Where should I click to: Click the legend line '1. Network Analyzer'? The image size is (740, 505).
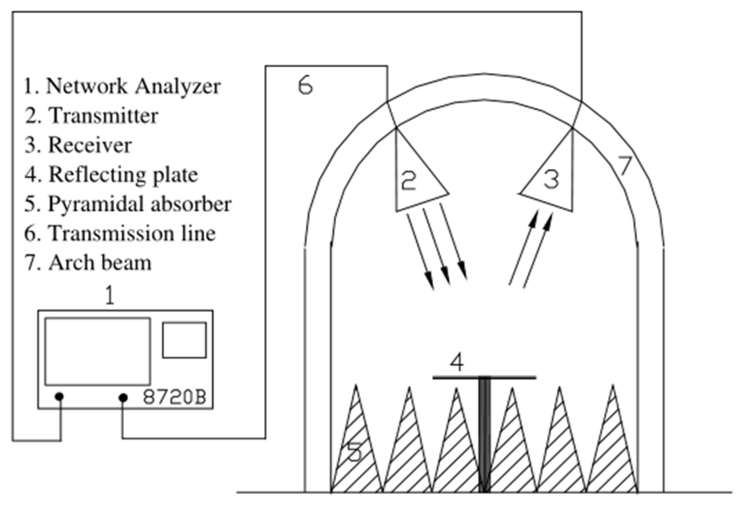tap(122, 86)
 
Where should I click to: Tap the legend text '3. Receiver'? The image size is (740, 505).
tap(78, 145)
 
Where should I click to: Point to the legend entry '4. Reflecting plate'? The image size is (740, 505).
tap(111, 175)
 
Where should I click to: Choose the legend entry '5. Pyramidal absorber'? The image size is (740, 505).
tap(128, 204)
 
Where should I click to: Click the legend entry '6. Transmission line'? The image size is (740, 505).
tap(120, 233)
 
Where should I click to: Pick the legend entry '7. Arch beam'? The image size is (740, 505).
tap(88, 263)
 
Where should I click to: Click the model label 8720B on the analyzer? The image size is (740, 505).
tap(174, 397)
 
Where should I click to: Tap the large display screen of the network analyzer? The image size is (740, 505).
tap(97, 351)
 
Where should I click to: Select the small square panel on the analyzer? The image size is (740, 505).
tap(184, 340)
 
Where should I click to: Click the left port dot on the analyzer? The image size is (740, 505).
tap(59, 397)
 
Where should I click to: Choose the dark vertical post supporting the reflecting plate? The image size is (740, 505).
tap(484, 434)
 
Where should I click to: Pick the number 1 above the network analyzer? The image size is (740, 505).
tap(110, 295)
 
